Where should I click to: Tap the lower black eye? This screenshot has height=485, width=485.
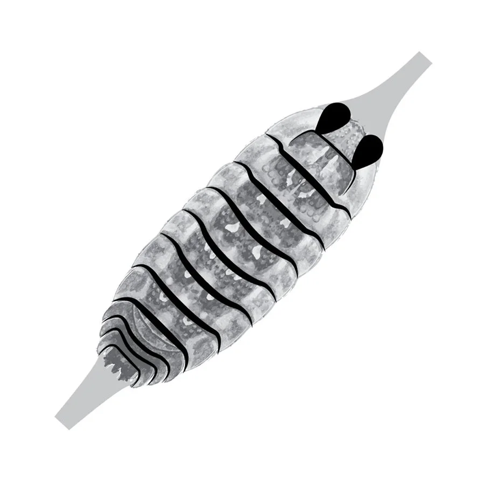coord(369,149)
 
